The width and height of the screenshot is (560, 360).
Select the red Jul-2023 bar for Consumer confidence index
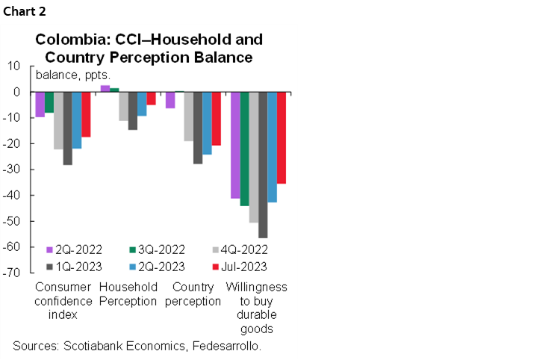86,114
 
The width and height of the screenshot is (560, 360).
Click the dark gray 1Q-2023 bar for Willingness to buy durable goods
263,164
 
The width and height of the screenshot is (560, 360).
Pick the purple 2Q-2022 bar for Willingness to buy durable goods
235,145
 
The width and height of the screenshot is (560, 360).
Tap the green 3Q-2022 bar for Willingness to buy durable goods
244,149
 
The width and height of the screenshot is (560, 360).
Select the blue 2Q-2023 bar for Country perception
207,123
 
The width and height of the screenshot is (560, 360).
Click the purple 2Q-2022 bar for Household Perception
105,88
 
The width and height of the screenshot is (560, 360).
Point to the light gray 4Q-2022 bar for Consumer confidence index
58,120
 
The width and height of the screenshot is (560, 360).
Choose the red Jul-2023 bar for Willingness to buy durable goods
281,137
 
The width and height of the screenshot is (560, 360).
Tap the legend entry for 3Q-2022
154,249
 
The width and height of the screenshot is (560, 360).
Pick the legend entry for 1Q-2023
73,265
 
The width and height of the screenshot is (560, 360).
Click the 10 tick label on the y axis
13,66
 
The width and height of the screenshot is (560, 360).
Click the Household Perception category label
128,294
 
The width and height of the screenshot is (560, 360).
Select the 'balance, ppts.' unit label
73,75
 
